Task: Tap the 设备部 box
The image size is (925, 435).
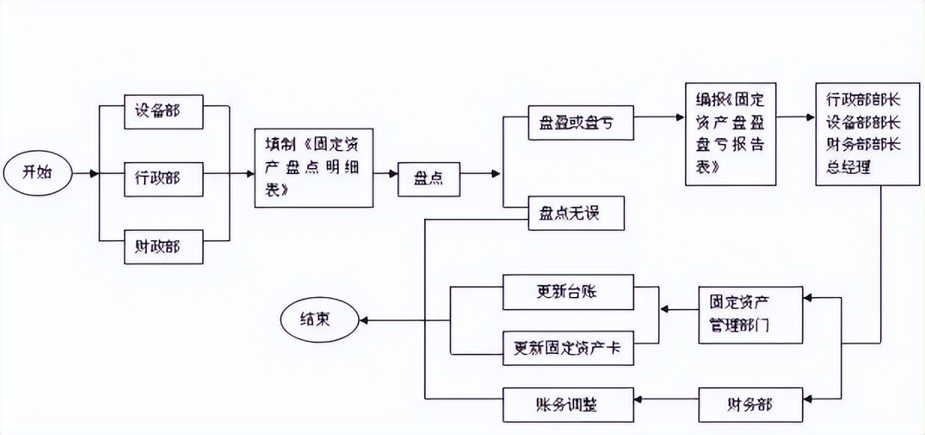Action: pos(163,111)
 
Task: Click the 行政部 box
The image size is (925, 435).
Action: pos(163,178)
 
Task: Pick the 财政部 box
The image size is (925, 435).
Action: pos(163,245)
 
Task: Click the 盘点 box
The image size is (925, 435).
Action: pos(429,178)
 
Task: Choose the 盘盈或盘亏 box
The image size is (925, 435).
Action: pos(570,123)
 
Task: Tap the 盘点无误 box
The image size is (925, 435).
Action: pos(570,214)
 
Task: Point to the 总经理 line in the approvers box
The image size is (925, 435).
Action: pos(843,167)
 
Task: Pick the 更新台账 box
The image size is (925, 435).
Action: pos(568,292)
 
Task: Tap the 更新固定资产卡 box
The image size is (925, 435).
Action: pos(568,349)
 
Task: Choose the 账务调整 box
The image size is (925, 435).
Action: pos(568,405)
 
